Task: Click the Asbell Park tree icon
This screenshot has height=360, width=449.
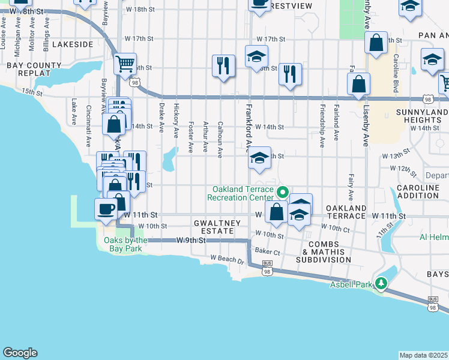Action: (381, 282)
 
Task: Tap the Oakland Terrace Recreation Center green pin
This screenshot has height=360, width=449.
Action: (282, 193)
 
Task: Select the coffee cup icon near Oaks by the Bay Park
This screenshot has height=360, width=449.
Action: (106, 209)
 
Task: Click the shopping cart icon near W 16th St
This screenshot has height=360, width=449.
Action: (125, 63)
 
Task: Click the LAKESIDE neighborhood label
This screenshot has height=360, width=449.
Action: (72, 44)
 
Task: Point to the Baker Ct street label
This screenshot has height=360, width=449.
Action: (268, 251)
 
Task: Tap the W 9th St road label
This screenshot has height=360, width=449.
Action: (191, 240)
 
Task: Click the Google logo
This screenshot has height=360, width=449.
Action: (20, 353)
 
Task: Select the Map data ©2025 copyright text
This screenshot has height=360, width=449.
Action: (424, 355)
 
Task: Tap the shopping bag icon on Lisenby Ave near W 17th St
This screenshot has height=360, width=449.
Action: (376, 43)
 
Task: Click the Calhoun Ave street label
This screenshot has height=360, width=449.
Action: (220, 139)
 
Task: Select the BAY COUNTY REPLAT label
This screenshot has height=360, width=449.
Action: (28, 68)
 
